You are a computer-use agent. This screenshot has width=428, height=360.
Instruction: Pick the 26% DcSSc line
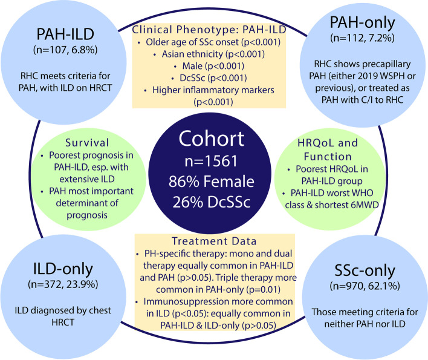coord(214,201)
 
